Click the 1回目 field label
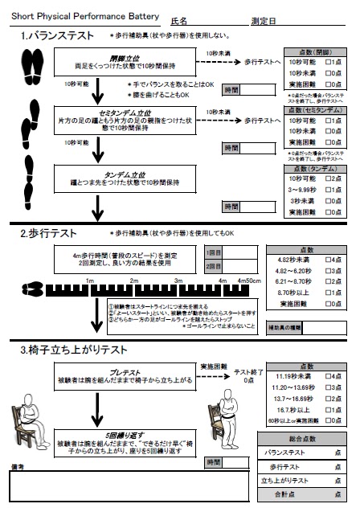(x=213, y=252)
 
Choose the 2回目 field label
(x=213, y=266)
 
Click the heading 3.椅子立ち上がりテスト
(x=72, y=350)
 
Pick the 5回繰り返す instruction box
(x=125, y=438)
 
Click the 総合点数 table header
(x=301, y=439)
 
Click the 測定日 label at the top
(x=263, y=20)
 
